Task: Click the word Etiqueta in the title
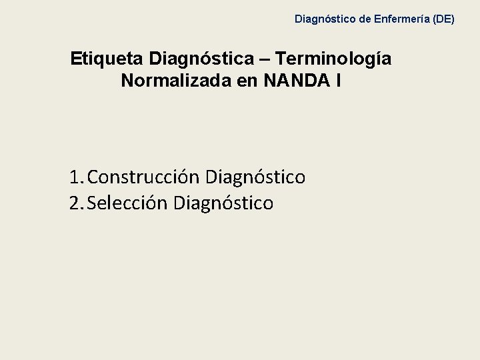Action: [107, 59]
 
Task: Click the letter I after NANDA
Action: [339, 81]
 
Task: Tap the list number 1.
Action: [74, 177]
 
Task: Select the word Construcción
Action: [143, 178]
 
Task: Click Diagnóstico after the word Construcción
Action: [256, 178]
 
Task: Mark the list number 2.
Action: [74, 203]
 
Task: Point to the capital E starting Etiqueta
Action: [76, 59]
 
